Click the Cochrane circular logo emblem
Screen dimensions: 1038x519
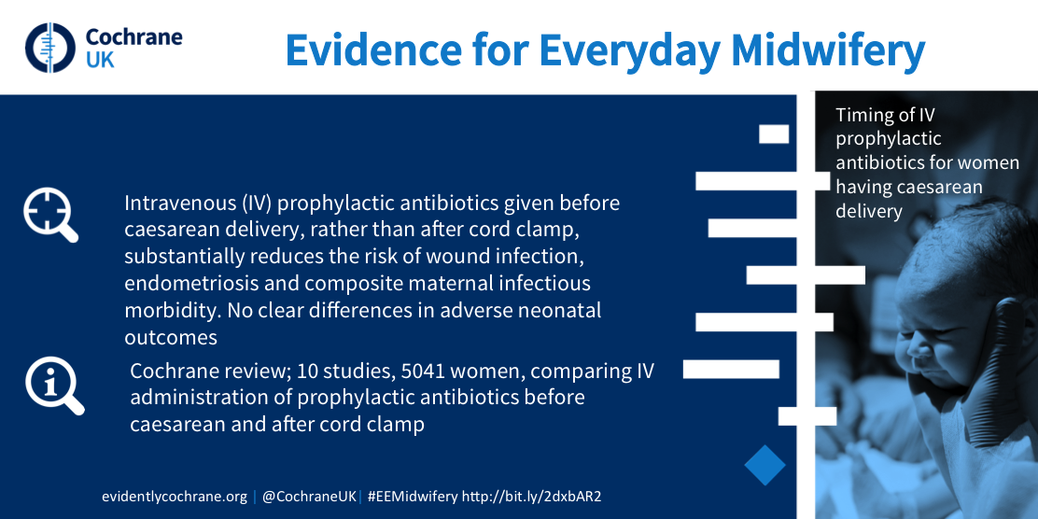[50, 48]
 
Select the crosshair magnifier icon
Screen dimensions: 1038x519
[50, 215]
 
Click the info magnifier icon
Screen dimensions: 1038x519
[54, 386]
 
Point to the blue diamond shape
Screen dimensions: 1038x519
[764, 466]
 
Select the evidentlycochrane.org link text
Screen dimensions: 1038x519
[175, 497]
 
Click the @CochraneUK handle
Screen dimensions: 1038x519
[310, 497]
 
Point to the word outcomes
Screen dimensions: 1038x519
[171, 337]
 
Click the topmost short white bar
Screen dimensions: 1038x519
[774, 133]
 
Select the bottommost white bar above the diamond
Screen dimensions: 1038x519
[807, 415]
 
